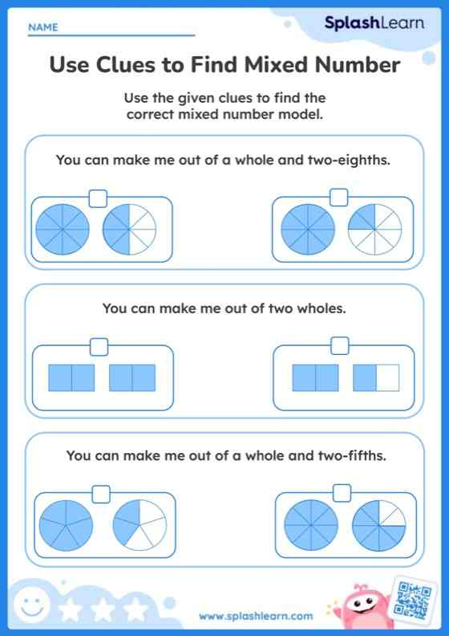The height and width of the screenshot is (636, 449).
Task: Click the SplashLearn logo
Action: pyautogui.click(x=374, y=23)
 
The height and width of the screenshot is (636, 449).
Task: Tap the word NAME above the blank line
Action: pyautogui.click(x=43, y=27)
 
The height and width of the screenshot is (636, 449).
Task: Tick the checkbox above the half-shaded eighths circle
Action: pyautogui.click(x=98, y=198)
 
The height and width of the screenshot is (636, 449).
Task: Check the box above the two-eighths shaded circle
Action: pyautogui.click(x=339, y=197)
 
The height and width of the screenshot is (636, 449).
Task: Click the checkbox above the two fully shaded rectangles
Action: pyautogui.click(x=99, y=347)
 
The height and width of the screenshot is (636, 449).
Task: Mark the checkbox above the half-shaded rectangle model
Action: pyautogui.click(x=340, y=345)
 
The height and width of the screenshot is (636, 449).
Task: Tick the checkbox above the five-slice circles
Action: pyautogui.click(x=101, y=494)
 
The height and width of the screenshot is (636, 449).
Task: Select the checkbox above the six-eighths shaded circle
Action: pyautogui.click(x=342, y=493)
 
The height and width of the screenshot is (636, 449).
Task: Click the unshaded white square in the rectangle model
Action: pyautogui.click(x=388, y=377)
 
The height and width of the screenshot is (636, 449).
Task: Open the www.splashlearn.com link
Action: pyautogui.click(x=256, y=617)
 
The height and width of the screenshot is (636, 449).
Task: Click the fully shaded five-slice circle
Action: pyautogui.click(x=66, y=526)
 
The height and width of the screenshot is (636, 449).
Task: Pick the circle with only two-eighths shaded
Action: pyautogui.click(x=375, y=230)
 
